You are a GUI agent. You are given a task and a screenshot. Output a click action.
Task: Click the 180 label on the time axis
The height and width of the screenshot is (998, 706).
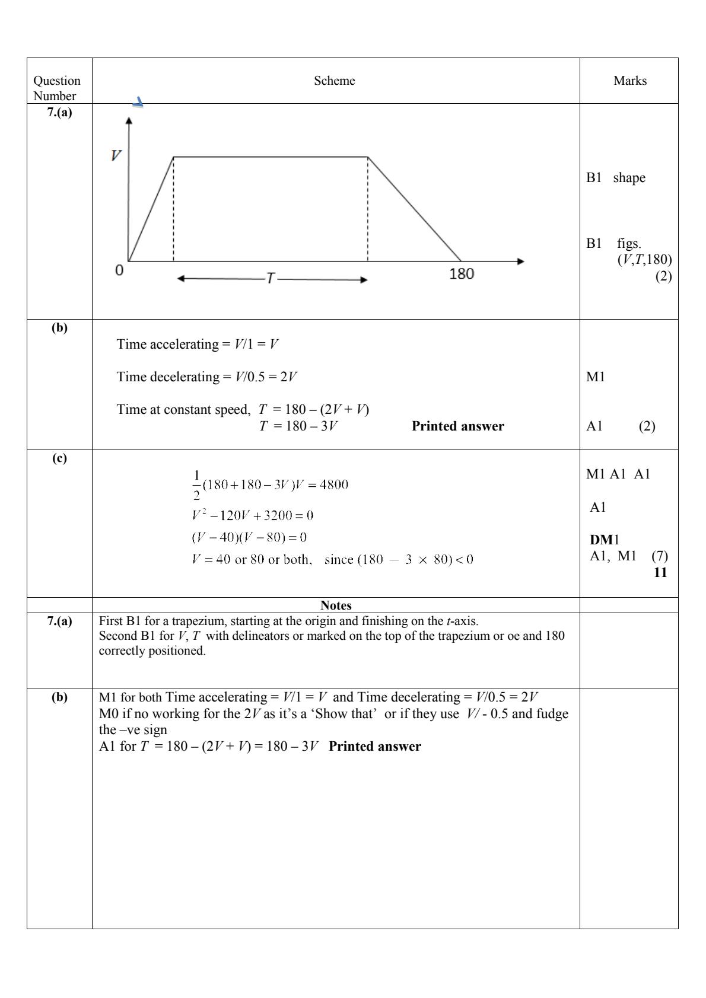pos(462,274)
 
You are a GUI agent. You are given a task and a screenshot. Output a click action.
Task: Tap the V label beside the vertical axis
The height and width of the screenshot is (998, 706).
pos(116,155)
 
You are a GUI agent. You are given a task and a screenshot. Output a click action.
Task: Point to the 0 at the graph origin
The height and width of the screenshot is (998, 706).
pos(119,271)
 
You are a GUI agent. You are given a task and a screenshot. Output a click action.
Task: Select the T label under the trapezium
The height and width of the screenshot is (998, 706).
pos(271,279)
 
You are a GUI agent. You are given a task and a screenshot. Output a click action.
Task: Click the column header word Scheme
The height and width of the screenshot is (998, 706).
pos(335,81)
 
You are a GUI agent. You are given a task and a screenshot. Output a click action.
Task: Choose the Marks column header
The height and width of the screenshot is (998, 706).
pos(630,81)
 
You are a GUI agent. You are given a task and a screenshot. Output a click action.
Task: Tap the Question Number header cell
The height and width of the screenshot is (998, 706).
pos(57,88)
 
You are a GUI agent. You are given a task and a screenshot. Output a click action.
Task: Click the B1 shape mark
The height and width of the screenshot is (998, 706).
pos(616,178)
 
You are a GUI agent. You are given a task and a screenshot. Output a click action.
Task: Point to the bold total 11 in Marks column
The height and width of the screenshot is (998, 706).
pos(660,572)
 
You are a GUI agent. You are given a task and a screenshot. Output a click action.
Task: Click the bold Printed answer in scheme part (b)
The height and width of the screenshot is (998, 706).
pos(457,426)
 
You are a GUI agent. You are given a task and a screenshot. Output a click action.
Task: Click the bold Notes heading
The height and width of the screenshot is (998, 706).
pos(336,605)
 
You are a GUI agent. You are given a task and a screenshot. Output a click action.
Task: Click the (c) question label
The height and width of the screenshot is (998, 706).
pos(59,458)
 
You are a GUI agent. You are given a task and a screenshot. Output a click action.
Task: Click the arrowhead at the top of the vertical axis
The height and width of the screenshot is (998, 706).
pos(129,120)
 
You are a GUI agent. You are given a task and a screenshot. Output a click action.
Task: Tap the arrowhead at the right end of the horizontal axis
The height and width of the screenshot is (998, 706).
pos(520,261)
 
